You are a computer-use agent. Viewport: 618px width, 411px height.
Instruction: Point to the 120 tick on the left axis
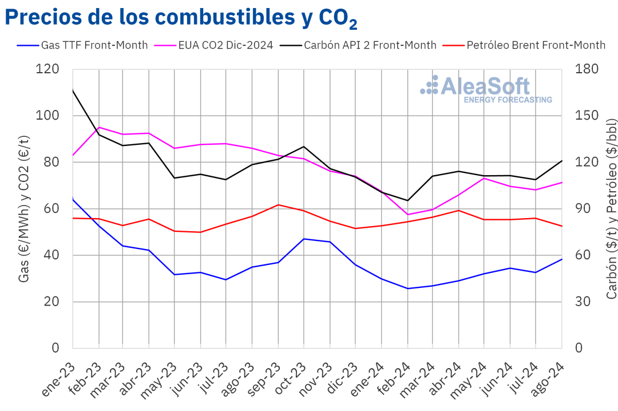coord(47,69)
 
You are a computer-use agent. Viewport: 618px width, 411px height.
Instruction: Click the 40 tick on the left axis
coord(51,255)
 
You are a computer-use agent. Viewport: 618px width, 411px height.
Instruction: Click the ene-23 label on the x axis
coord(60,379)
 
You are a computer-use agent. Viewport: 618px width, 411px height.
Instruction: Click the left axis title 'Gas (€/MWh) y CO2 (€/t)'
coord(24,209)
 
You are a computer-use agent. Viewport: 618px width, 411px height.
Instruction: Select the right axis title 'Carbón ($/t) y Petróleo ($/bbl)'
coord(611,209)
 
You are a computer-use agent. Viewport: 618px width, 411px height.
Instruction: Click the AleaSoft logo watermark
coord(486,89)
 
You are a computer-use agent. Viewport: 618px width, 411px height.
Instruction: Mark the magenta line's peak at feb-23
coord(99,127)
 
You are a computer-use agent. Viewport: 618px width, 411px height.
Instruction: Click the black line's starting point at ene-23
coord(73,90)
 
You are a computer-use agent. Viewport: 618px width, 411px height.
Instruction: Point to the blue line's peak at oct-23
coord(304,239)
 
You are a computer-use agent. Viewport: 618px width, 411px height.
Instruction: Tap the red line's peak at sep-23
coord(278,204)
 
